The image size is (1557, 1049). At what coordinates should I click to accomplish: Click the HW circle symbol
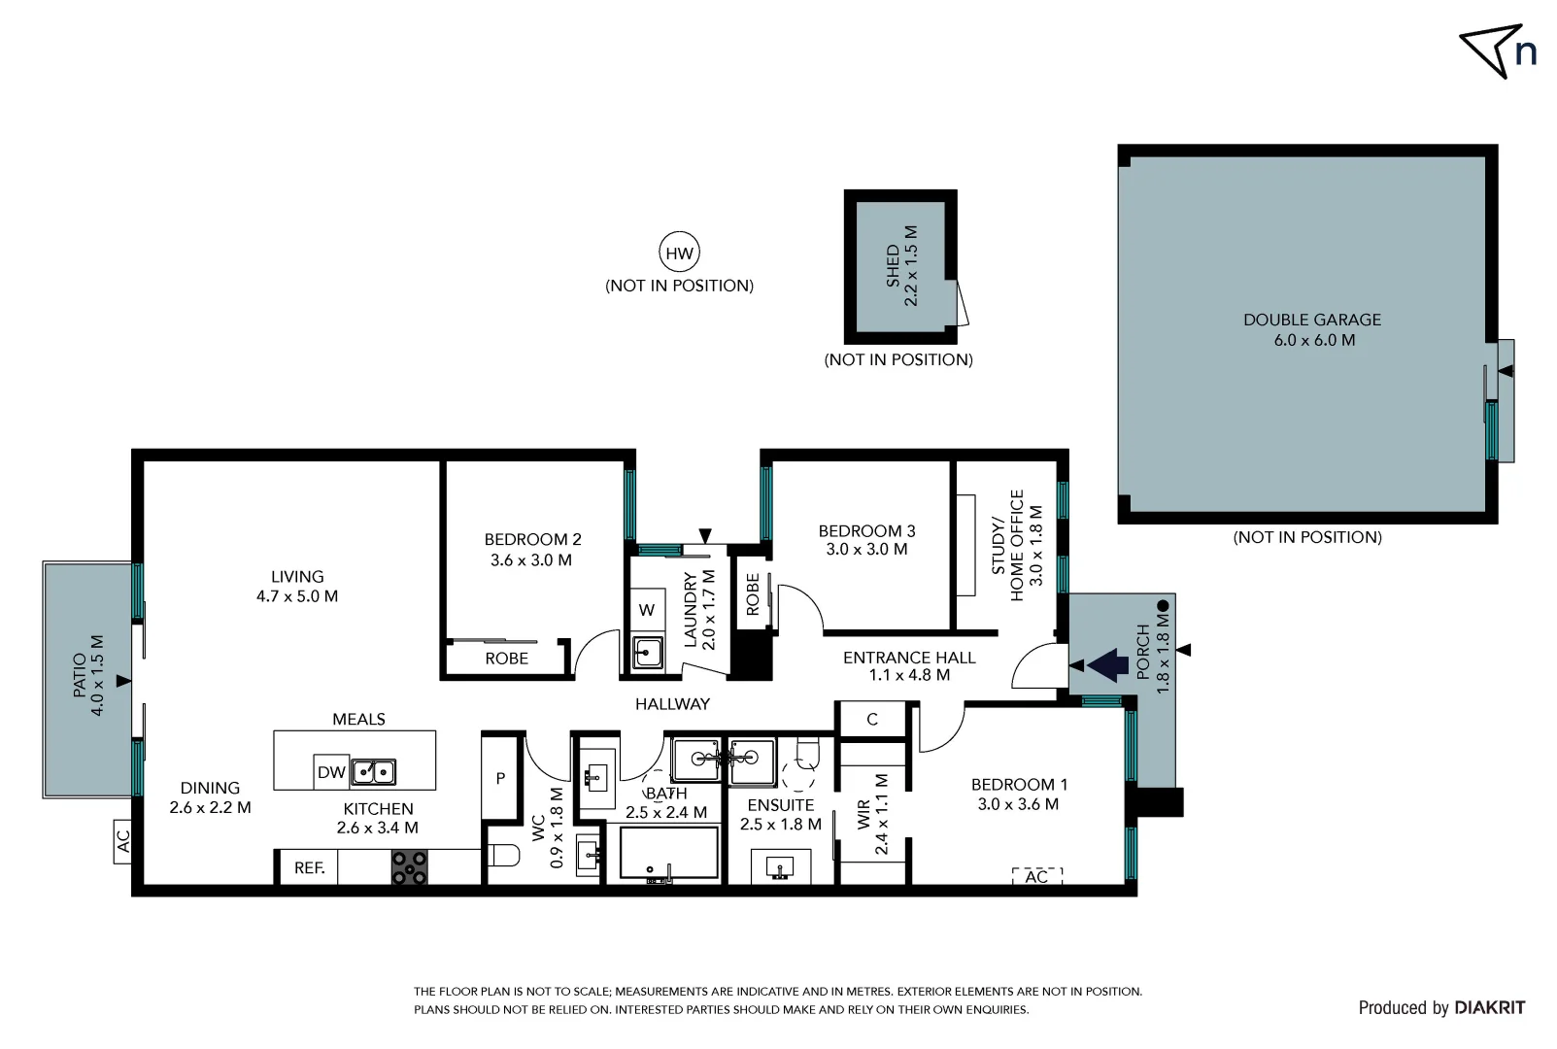(x=679, y=254)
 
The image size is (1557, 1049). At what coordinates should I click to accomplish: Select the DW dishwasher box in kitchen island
(x=331, y=772)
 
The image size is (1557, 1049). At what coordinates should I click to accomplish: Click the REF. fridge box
(x=309, y=867)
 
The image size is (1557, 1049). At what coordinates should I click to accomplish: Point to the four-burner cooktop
(x=409, y=866)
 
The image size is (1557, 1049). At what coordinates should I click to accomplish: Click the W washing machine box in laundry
(x=647, y=610)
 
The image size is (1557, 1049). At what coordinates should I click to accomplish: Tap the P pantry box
(x=500, y=778)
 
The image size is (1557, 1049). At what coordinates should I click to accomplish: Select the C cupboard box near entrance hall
(x=872, y=719)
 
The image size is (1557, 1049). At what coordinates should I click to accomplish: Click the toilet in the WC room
(x=503, y=856)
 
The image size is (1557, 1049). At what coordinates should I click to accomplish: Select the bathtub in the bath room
(x=667, y=855)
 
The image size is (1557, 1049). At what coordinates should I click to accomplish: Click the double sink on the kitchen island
(x=373, y=772)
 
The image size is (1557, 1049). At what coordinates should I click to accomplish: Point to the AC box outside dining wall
(x=122, y=840)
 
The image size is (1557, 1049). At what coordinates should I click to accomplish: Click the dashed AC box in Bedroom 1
(x=1036, y=876)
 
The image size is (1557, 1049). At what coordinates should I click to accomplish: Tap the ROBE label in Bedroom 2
(x=506, y=659)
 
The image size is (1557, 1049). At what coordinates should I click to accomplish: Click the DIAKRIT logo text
(x=1489, y=1007)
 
